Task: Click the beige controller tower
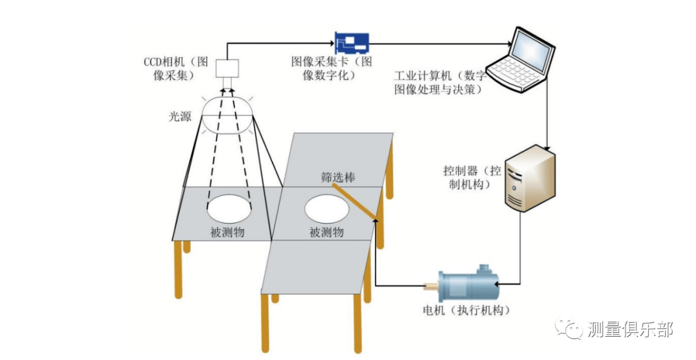(x=526, y=178)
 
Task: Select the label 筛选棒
(x=338, y=175)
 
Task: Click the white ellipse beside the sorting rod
(x=327, y=209)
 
